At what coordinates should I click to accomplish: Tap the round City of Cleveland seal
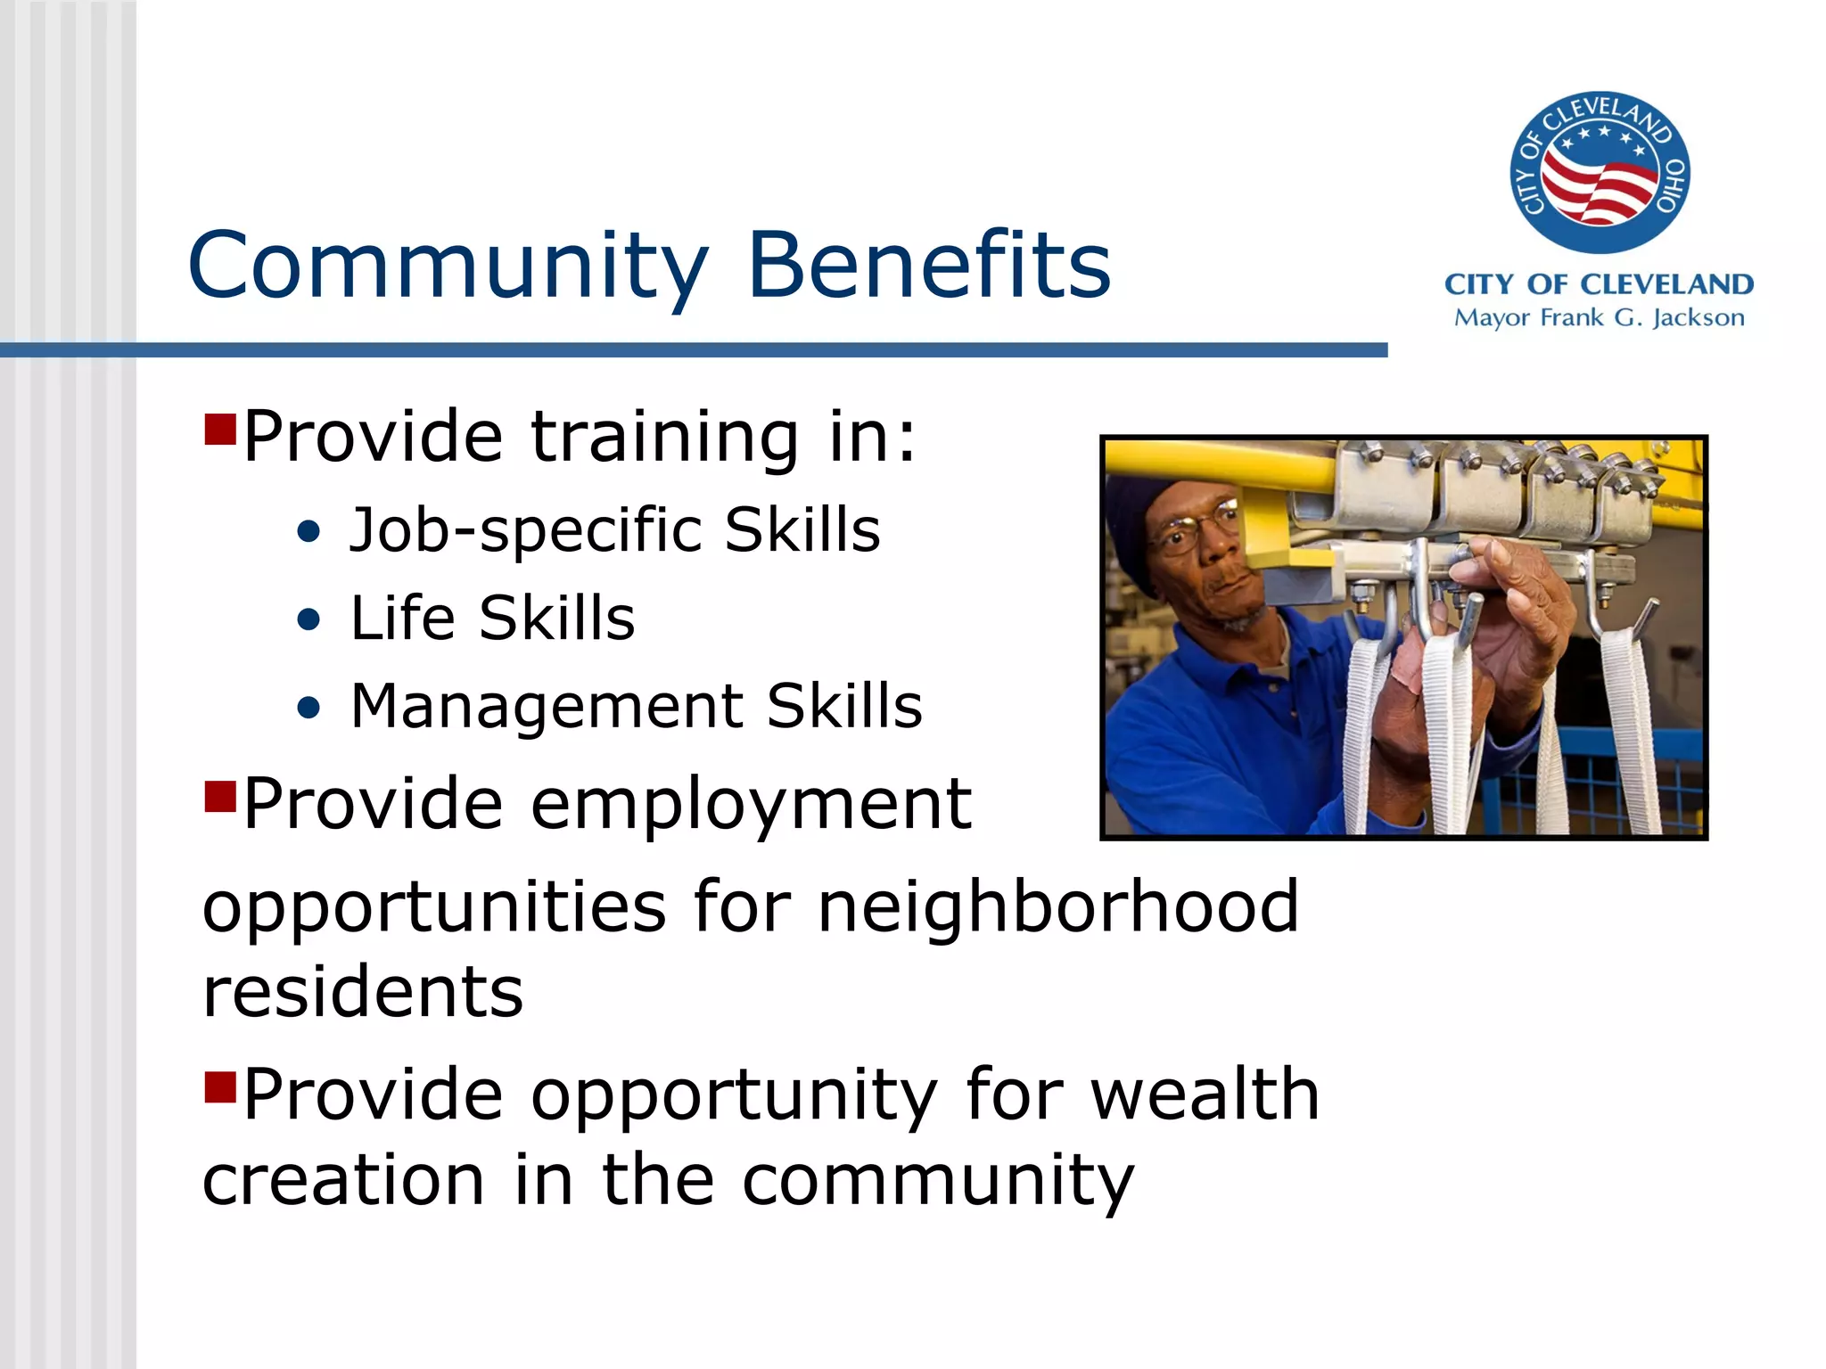[1599, 172]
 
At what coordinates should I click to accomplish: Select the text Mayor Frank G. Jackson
[1599, 318]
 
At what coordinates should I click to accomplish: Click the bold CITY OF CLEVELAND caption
[1599, 284]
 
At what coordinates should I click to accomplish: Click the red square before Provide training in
[219, 430]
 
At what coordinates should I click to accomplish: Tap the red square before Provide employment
[219, 797]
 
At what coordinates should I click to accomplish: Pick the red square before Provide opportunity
[219, 1087]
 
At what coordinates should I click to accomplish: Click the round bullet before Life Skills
[308, 619]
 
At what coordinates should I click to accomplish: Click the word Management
[547, 707]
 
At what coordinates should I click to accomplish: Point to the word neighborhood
[1058, 906]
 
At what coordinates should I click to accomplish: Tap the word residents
[363, 992]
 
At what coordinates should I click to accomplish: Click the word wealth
[1205, 1094]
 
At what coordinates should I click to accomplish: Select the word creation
[343, 1181]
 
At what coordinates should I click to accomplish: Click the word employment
[751, 804]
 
